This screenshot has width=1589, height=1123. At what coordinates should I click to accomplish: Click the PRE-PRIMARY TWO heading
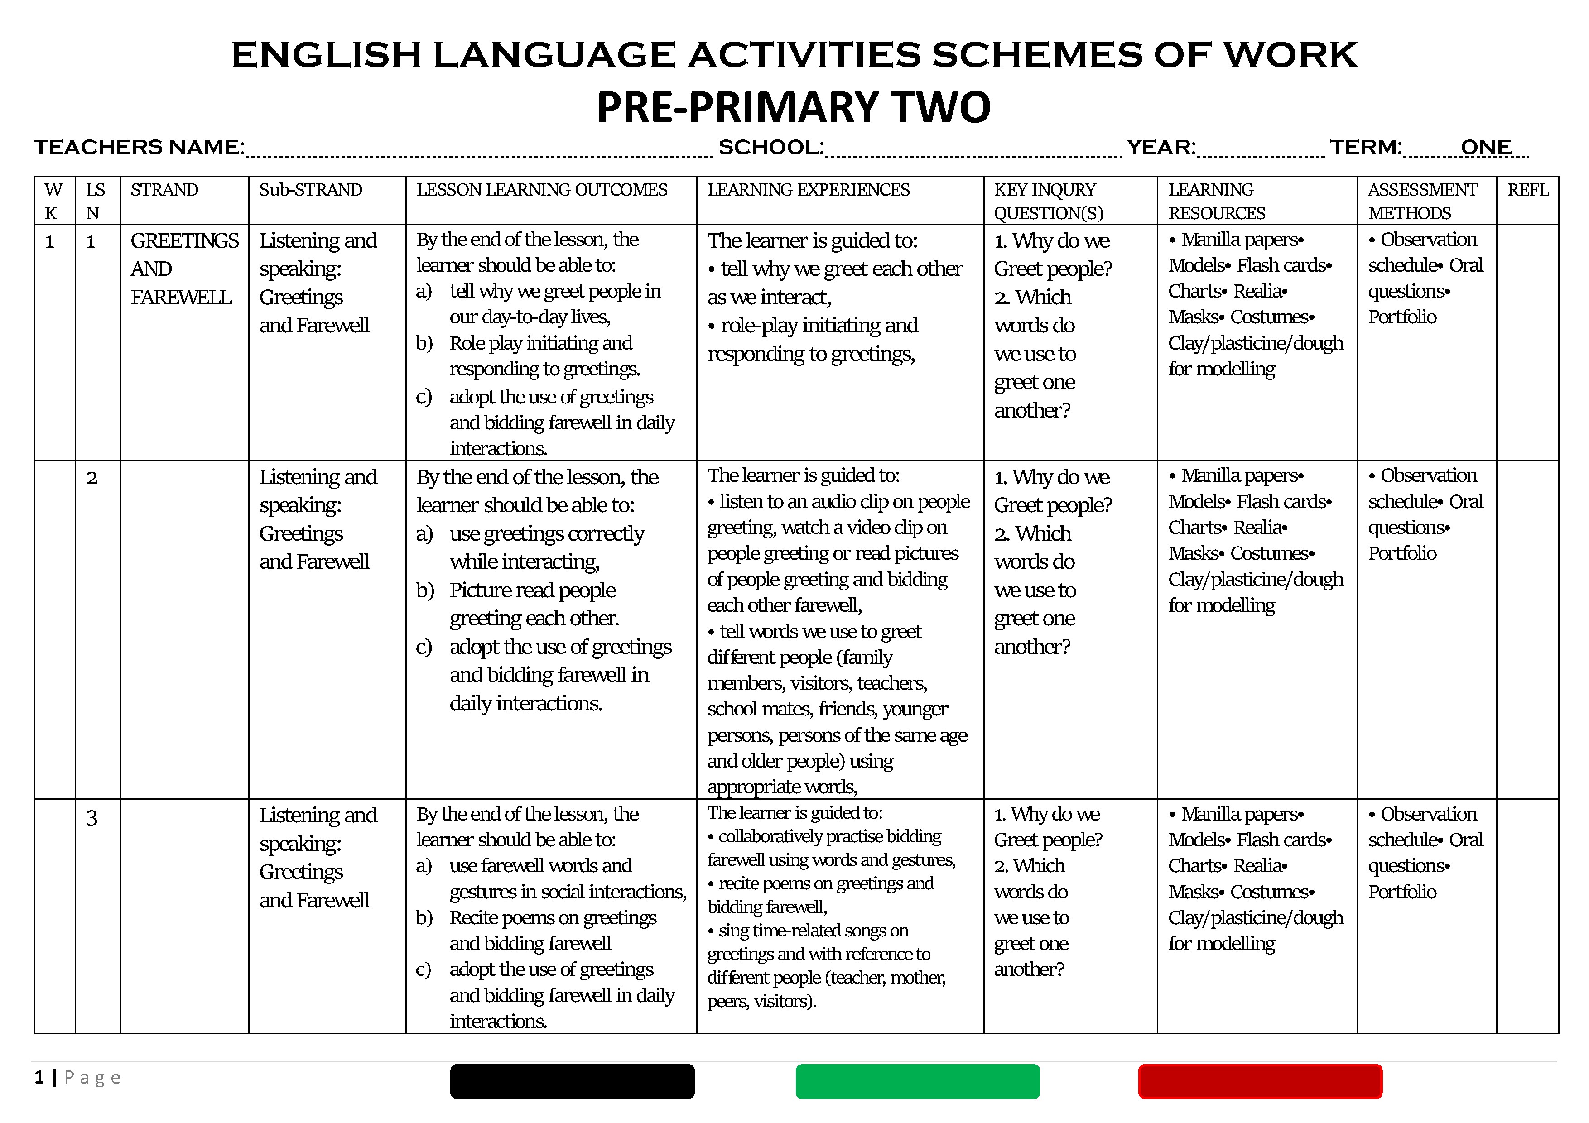pyautogui.click(x=793, y=107)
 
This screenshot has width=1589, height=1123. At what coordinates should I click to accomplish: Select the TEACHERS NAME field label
pyautogui.click(x=139, y=147)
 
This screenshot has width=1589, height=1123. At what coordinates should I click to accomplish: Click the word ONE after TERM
pyautogui.click(x=1485, y=147)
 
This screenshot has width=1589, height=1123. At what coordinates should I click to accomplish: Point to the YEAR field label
pyautogui.click(x=1160, y=147)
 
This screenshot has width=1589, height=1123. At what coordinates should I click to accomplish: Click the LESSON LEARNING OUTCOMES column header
pyautogui.click(x=541, y=190)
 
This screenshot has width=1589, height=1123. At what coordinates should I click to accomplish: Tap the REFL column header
pyautogui.click(x=1527, y=190)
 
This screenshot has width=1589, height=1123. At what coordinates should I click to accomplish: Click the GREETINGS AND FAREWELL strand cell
pyautogui.click(x=183, y=269)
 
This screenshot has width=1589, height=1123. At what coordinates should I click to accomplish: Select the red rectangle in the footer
pyautogui.click(x=1260, y=1081)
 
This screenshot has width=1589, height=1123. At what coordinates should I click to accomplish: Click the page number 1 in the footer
pyautogui.click(x=39, y=1077)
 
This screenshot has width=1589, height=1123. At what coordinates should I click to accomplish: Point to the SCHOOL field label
pyautogui.click(x=771, y=147)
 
